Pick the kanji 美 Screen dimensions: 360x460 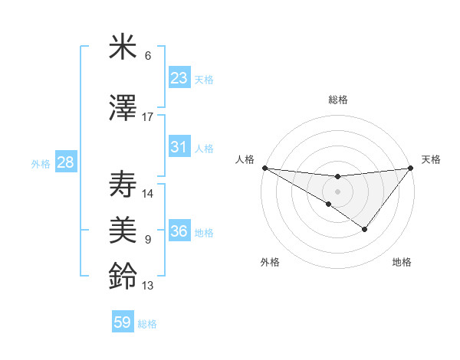[x=123, y=230]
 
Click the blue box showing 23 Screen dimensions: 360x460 [x=179, y=78]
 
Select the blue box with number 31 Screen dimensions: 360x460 [x=179, y=147]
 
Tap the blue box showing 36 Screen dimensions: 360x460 [x=179, y=231]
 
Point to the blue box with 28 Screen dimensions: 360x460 [x=65, y=162]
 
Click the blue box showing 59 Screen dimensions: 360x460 [x=123, y=322]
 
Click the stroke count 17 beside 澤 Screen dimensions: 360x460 [x=148, y=117]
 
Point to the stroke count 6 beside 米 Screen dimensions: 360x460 [x=148, y=56]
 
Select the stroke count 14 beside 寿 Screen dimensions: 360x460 [x=148, y=194]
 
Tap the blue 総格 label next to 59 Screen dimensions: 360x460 [x=147, y=324]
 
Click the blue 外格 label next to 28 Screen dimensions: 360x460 [x=41, y=164]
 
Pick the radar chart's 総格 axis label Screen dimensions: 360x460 [x=337, y=100]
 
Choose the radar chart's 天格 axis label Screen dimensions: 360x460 [x=431, y=159]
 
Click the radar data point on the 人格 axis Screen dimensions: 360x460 [x=264, y=167]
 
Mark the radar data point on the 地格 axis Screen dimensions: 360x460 [x=365, y=229]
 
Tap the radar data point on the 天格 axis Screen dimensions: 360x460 [x=410, y=168]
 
